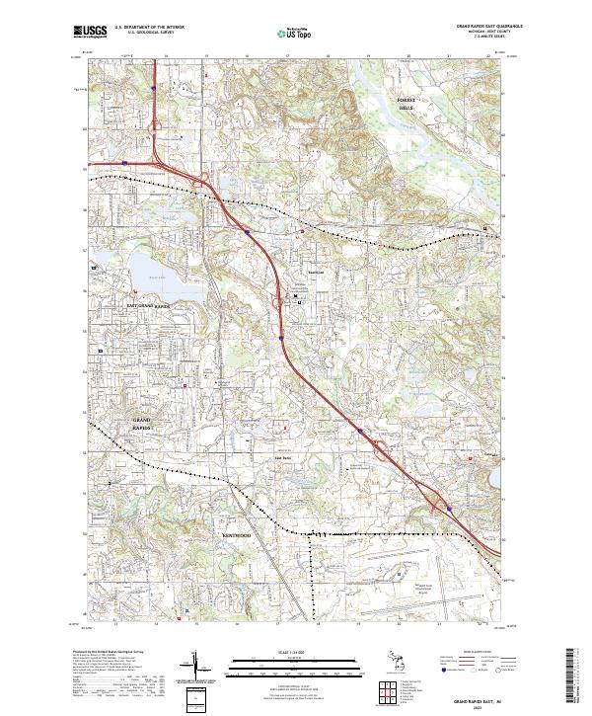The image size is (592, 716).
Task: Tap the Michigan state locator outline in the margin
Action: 411,661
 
